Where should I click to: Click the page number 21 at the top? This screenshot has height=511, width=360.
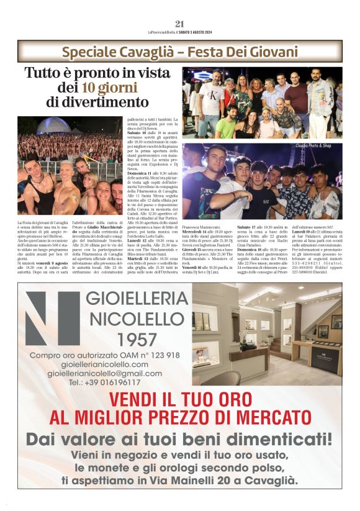pos(180,24)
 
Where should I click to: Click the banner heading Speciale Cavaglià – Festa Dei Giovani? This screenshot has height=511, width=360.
pos(180,52)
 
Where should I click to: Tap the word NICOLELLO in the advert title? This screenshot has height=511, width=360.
pos(128,319)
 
